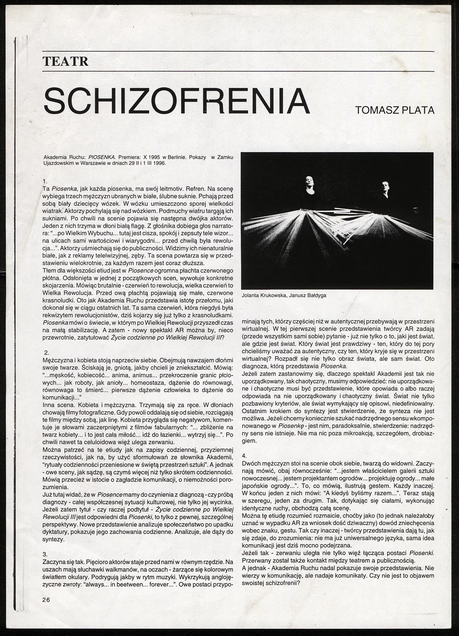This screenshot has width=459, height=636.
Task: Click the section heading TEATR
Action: [x=66, y=61]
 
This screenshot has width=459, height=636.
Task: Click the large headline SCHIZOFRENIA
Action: [x=177, y=101]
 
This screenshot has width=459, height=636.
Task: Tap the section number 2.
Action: [x=47, y=353]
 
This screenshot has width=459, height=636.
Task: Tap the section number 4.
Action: [x=244, y=456]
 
